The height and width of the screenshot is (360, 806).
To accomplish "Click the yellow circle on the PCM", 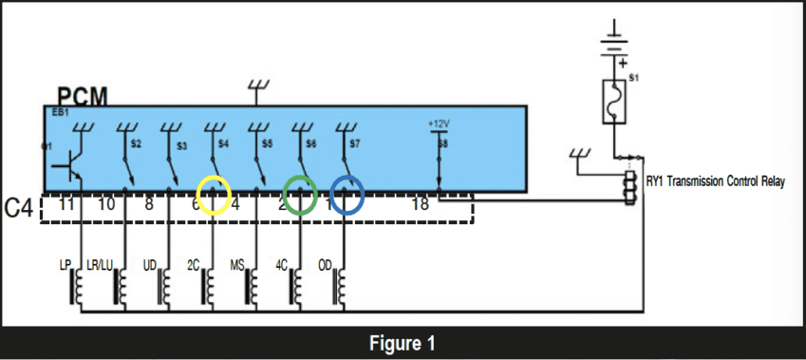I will pyautogui.click(x=214, y=195).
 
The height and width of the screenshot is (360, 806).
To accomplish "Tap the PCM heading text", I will pyautogui.click(x=82, y=96).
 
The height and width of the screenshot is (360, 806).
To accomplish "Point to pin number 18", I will pyautogui.click(x=421, y=204).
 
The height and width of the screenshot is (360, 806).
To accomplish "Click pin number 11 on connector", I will pyautogui.click(x=66, y=204).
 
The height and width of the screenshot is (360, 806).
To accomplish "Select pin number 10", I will pyautogui.click(x=106, y=204).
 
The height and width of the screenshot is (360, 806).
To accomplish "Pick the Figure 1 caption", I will pyautogui.click(x=403, y=342).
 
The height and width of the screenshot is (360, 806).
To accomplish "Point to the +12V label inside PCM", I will pyautogui.click(x=438, y=123).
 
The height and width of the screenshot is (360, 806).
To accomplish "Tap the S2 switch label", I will pyautogui.click(x=136, y=144).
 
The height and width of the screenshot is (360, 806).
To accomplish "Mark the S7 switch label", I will pyautogui.click(x=355, y=144).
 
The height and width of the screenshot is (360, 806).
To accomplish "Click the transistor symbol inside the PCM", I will pyautogui.click(x=70, y=164).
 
